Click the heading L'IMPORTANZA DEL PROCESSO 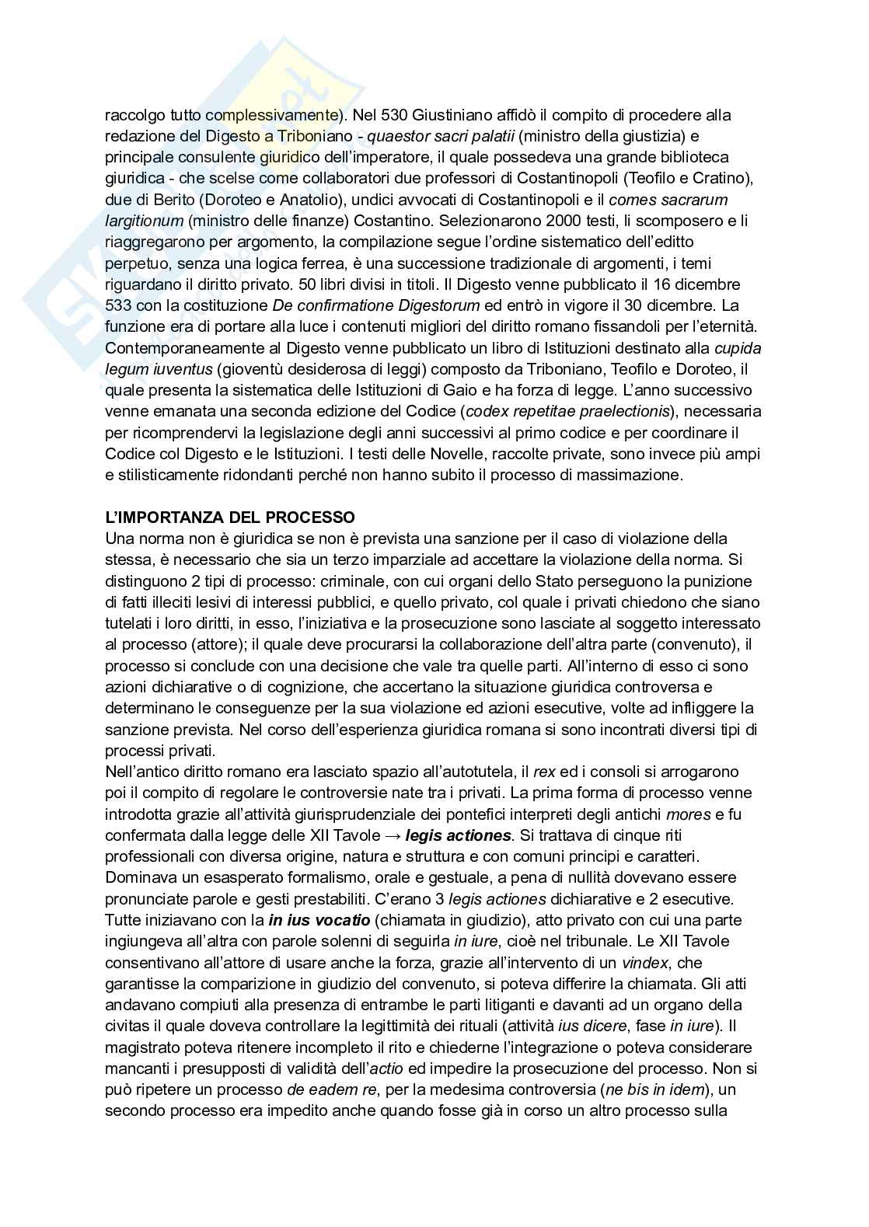[230, 517]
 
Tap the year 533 [117, 305]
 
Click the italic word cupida [738, 347]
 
